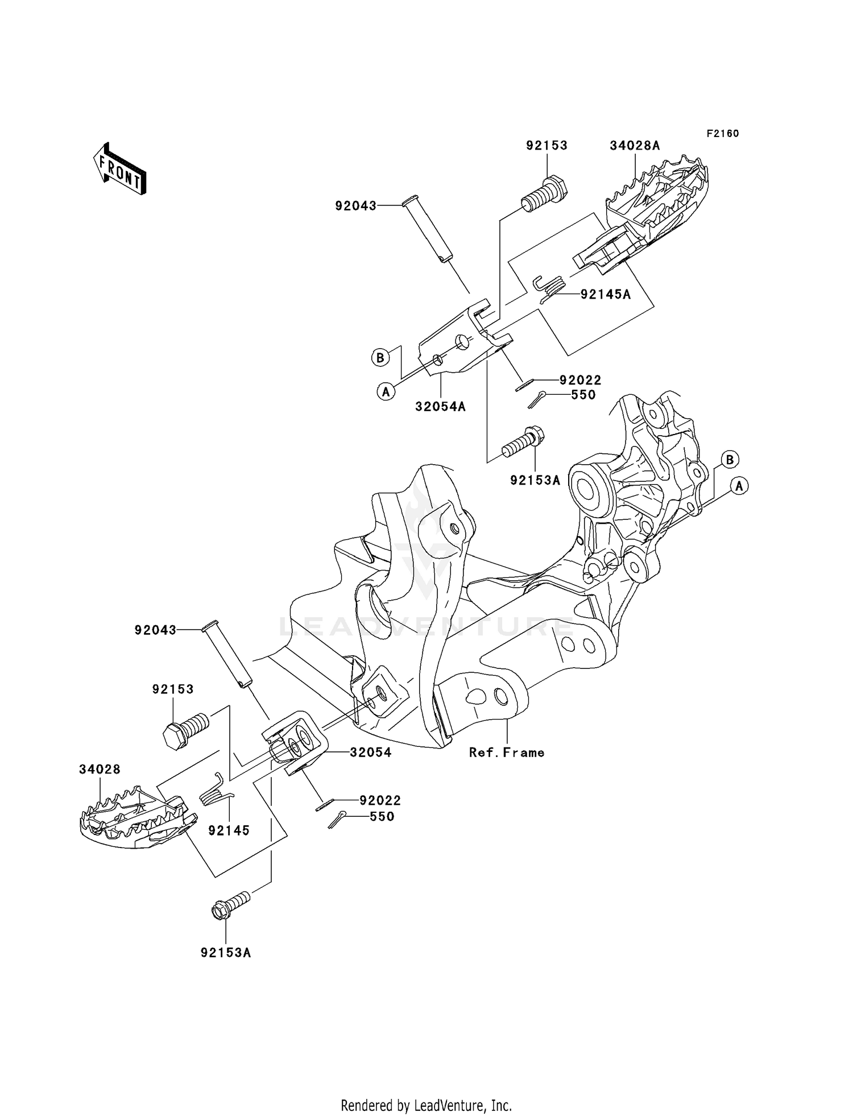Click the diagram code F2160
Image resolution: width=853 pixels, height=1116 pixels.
[723, 134]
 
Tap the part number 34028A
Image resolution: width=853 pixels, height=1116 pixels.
[635, 146]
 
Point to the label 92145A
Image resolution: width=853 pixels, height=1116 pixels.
[606, 294]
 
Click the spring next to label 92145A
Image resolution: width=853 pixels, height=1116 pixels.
[549, 288]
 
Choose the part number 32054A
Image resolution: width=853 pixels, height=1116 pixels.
[440, 406]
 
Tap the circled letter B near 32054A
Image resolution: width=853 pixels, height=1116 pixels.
[380, 358]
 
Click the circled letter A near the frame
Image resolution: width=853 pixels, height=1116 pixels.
[739, 486]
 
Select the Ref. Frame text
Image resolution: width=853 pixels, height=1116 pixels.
[507, 753]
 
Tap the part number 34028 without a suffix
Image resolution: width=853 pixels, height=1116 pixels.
[100, 770]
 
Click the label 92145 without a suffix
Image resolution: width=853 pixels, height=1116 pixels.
[229, 830]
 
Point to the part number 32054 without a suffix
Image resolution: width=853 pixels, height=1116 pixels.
[371, 752]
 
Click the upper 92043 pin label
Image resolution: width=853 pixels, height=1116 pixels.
[355, 206]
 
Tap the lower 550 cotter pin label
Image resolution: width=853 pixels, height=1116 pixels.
[382, 816]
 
